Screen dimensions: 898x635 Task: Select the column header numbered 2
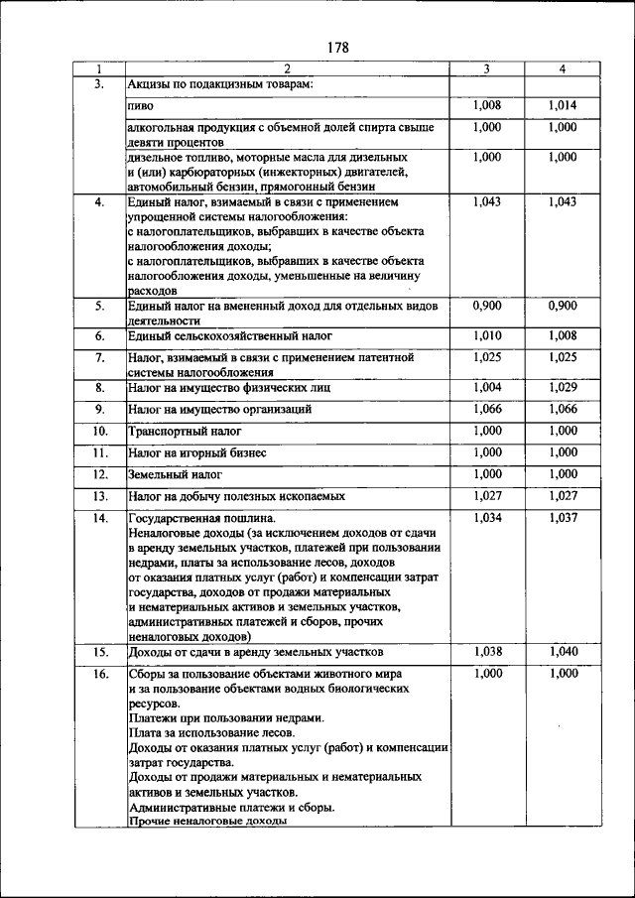286,69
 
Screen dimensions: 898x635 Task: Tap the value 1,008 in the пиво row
486,105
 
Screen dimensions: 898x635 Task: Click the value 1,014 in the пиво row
563,105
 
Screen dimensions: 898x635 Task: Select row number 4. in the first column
99,202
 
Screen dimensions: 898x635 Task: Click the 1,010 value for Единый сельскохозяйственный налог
486,336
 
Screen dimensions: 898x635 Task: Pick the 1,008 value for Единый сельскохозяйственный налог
563,336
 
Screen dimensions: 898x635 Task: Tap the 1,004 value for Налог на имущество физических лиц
486,386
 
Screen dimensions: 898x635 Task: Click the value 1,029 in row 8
563,386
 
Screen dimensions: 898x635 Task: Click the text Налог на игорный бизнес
197,453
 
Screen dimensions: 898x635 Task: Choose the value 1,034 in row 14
486,518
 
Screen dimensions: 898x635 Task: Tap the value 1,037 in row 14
563,518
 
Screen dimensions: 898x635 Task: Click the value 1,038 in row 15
486,651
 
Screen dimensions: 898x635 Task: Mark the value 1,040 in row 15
563,651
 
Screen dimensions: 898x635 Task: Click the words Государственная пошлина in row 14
201,519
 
